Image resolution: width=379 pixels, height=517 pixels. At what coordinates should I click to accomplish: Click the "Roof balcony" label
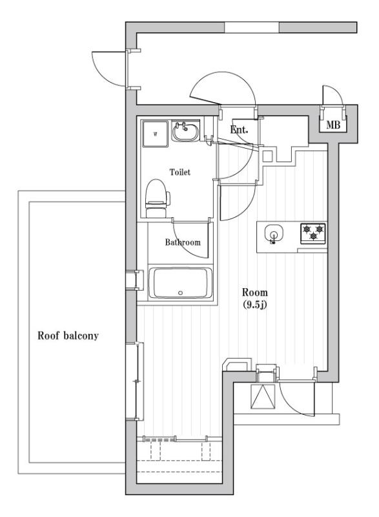(67, 337)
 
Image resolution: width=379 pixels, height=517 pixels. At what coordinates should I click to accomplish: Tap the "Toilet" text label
(180, 173)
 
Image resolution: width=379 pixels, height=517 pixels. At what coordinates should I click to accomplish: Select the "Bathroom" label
(182, 242)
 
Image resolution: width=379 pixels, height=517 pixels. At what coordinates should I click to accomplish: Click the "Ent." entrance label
(240, 130)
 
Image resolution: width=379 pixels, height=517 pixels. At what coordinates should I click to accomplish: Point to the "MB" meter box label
(334, 124)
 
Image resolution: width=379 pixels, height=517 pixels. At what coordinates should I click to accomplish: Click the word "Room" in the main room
(255, 291)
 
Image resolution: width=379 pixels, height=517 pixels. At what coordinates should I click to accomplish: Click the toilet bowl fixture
(156, 196)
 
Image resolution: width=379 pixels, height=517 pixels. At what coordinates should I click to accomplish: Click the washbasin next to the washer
(186, 133)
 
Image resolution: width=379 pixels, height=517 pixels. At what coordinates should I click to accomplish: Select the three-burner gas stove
(313, 233)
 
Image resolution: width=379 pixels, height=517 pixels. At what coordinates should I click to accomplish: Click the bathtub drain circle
(180, 293)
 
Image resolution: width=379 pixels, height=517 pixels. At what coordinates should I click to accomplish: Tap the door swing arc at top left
(107, 69)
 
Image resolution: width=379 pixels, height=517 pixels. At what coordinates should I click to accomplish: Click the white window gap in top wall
(252, 28)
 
